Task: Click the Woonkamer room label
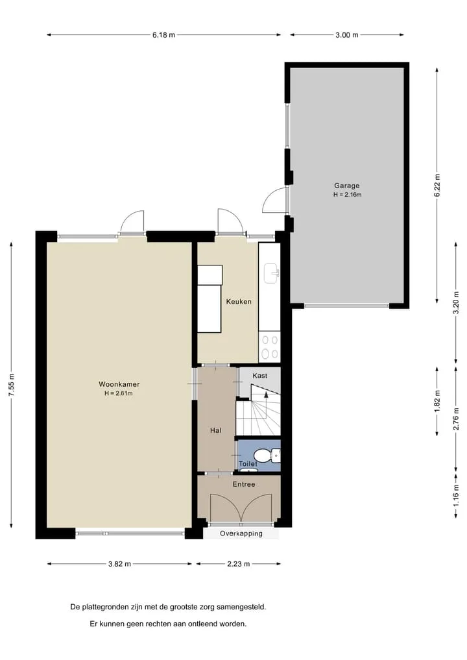pos(119,384)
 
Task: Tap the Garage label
pos(346,185)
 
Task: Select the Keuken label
pos(239,301)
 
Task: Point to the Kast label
pos(259,376)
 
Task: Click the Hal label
pos(216,430)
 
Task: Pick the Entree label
pos(244,484)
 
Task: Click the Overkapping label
pos(241,533)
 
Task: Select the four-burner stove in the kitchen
pos(269,347)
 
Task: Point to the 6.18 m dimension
pos(163,35)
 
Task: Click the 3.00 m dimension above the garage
pos(346,35)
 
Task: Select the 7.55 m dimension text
pos(12,385)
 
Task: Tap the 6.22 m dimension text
pos(437,185)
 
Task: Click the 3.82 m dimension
pos(119,563)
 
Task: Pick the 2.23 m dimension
pos(239,563)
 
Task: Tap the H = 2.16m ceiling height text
pos(347,195)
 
